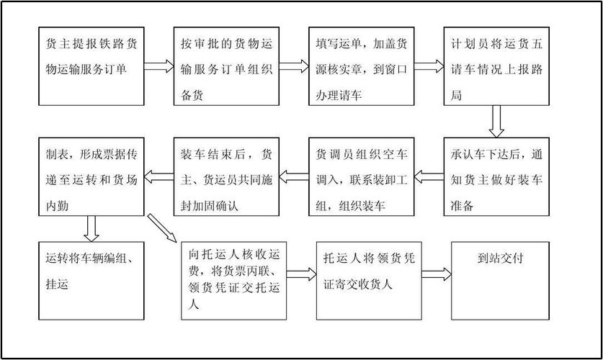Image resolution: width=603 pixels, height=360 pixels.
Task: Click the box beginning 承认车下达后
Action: (x=496, y=175)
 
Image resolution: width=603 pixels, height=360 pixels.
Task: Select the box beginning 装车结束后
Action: (x=226, y=175)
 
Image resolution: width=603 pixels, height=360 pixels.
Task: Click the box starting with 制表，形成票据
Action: (x=91, y=175)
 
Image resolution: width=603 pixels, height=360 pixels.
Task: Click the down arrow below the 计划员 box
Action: (x=496, y=121)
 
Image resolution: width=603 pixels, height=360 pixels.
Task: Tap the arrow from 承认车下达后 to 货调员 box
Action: (x=429, y=174)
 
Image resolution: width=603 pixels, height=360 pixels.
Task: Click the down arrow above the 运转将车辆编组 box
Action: (x=91, y=228)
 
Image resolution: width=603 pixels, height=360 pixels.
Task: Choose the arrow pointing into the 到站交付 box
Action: (x=437, y=273)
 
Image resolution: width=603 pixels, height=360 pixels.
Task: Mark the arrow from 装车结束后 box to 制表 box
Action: (x=158, y=174)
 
